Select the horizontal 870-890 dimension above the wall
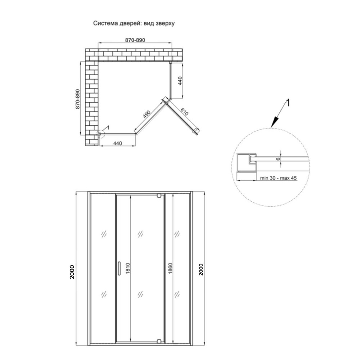[135, 40]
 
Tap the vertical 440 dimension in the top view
[180, 81]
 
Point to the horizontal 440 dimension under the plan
[117, 144]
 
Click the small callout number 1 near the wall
[108, 127]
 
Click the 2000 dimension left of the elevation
[72, 272]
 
